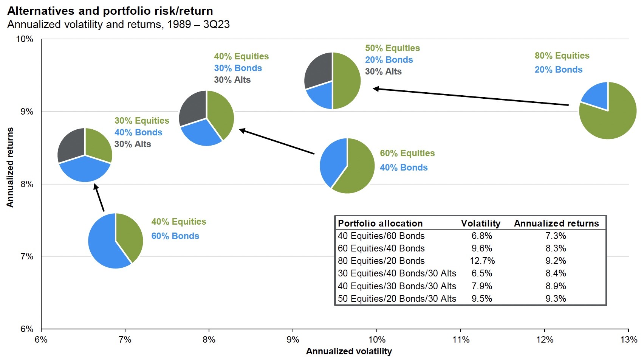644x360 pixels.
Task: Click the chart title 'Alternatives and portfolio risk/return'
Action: pyautogui.click(x=110, y=11)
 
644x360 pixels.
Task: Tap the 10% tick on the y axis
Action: pyautogui.click(x=25, y=39)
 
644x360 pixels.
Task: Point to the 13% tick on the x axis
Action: pyautogui.click(x=628, y=340)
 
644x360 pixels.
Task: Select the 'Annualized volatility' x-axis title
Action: pyautogui.click(x=349, y=351)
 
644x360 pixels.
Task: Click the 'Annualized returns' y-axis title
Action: pyautogui.click(x=10, y=167)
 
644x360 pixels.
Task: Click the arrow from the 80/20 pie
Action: pyautogui.click(x=471, y=97)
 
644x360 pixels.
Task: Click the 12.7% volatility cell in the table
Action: pyautogui.click(x=482, y=261)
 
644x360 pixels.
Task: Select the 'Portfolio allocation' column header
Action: pyautogui.click(x=380, y=223)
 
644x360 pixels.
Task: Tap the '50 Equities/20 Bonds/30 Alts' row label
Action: pyautogui.click(x=397, y=299)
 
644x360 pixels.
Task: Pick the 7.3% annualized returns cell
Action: pyautogui.click(x=556, y=236)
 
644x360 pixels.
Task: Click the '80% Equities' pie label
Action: pyautogui.click(x=562, y=56)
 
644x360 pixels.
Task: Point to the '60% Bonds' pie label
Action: pyautogui.click(x=175, y=236)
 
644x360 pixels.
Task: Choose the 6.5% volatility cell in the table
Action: pyautogui.click(x=482, y=273)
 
